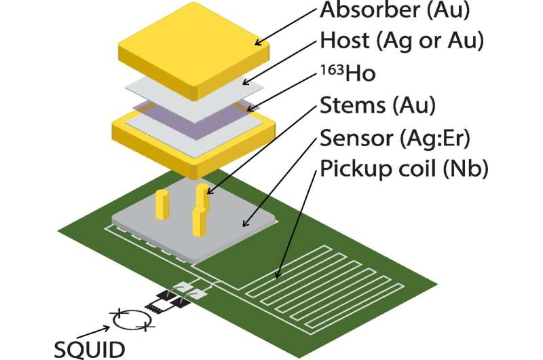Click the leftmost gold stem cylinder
pos(162,202)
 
